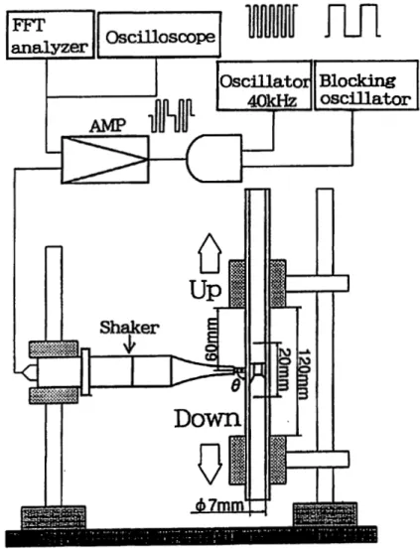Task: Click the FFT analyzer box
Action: point(51,35)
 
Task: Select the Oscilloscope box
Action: point(160,35)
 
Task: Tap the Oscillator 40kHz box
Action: point(264,85)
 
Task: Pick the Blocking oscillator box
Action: point(366,85)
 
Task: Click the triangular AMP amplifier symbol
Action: point(105,159)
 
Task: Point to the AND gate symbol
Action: point(214,159)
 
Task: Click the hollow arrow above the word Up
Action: point(210,253)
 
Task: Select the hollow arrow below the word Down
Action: point(210,465)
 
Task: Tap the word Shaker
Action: point(129,328)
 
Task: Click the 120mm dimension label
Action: point(303,374)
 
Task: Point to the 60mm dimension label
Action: point(211,341)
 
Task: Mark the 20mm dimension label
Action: point(283,369)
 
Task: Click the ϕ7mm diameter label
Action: point(218,506)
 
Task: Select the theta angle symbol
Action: point(235,386)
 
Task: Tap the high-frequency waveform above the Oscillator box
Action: point(273,21)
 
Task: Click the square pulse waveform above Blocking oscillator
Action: point(352,22)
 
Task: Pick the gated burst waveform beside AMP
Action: point(172,115)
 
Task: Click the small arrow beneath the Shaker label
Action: point(130,344)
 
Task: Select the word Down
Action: point(208,419)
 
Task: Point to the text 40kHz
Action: point(272,101)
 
